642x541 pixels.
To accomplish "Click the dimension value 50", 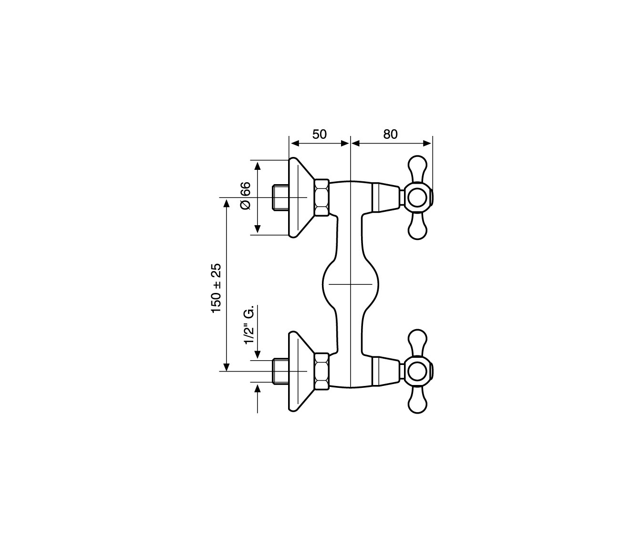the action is (x=320, y=134).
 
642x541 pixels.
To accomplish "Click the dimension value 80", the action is (x=391, y=134).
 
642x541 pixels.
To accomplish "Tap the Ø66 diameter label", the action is (x=245, y=196).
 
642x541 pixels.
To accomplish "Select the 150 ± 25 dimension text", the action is (x=216, y=288).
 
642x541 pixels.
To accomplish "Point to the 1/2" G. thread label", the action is (x=249, y=325).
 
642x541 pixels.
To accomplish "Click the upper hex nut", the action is (x=322, y=198).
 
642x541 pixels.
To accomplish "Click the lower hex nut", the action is (x=322, y=372).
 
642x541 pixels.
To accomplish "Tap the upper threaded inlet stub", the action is (x=281, y=198).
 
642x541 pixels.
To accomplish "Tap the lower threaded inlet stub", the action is (x=281, y=372).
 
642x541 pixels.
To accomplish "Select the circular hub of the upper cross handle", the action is (x=417, y=198).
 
